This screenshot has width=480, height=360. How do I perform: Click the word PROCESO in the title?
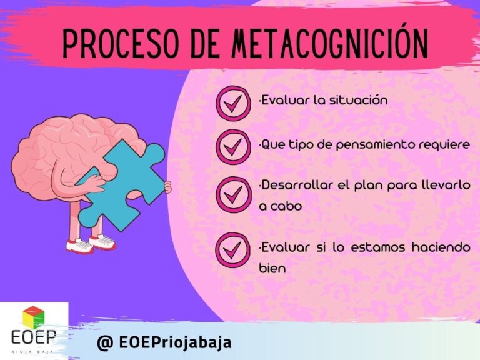(120, 44)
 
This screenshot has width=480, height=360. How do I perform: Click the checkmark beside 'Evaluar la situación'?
(234, 103)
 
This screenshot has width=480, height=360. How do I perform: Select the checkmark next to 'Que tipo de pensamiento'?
(234, 147)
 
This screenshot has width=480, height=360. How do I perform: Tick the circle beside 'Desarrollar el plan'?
(234, 195)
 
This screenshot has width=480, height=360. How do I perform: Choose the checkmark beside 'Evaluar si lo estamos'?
(234, 250)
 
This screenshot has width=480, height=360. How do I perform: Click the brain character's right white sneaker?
(102, 242)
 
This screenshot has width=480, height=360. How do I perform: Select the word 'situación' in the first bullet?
(358, 100)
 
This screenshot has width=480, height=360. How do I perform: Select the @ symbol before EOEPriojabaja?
(105, 342)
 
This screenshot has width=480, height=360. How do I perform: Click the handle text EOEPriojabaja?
(175, 342)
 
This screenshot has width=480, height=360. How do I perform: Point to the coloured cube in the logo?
(34, 317)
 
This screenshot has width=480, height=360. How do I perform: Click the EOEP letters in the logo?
(34, 337)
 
